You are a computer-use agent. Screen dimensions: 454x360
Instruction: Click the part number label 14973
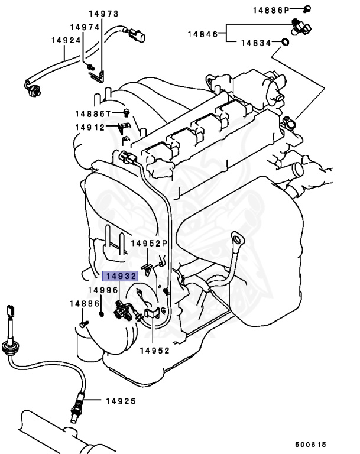[x=103, y=14]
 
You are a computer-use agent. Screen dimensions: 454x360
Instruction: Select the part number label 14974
[x=85, y=27]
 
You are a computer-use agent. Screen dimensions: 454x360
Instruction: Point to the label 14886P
[x=271, y=10]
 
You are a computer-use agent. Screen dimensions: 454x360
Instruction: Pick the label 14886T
[x=92, y=113]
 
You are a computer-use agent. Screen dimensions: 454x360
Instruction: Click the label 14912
[x=89, y=127]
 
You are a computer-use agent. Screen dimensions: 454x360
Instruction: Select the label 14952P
[x=150, y=243]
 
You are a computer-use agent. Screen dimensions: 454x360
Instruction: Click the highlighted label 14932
[x=121, y=276]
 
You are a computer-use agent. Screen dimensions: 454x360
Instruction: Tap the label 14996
[x=103, y=290]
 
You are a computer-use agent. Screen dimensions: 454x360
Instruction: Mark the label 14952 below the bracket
[x=154, y=350]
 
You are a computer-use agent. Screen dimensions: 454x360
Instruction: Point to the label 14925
[x=121, y=401]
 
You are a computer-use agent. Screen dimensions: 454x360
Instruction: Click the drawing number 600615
[x=310, y=445]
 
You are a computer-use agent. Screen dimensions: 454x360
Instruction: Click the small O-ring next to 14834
[x=285, y=43]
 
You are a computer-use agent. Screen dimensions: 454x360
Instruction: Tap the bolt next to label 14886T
[x=126, y=112]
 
